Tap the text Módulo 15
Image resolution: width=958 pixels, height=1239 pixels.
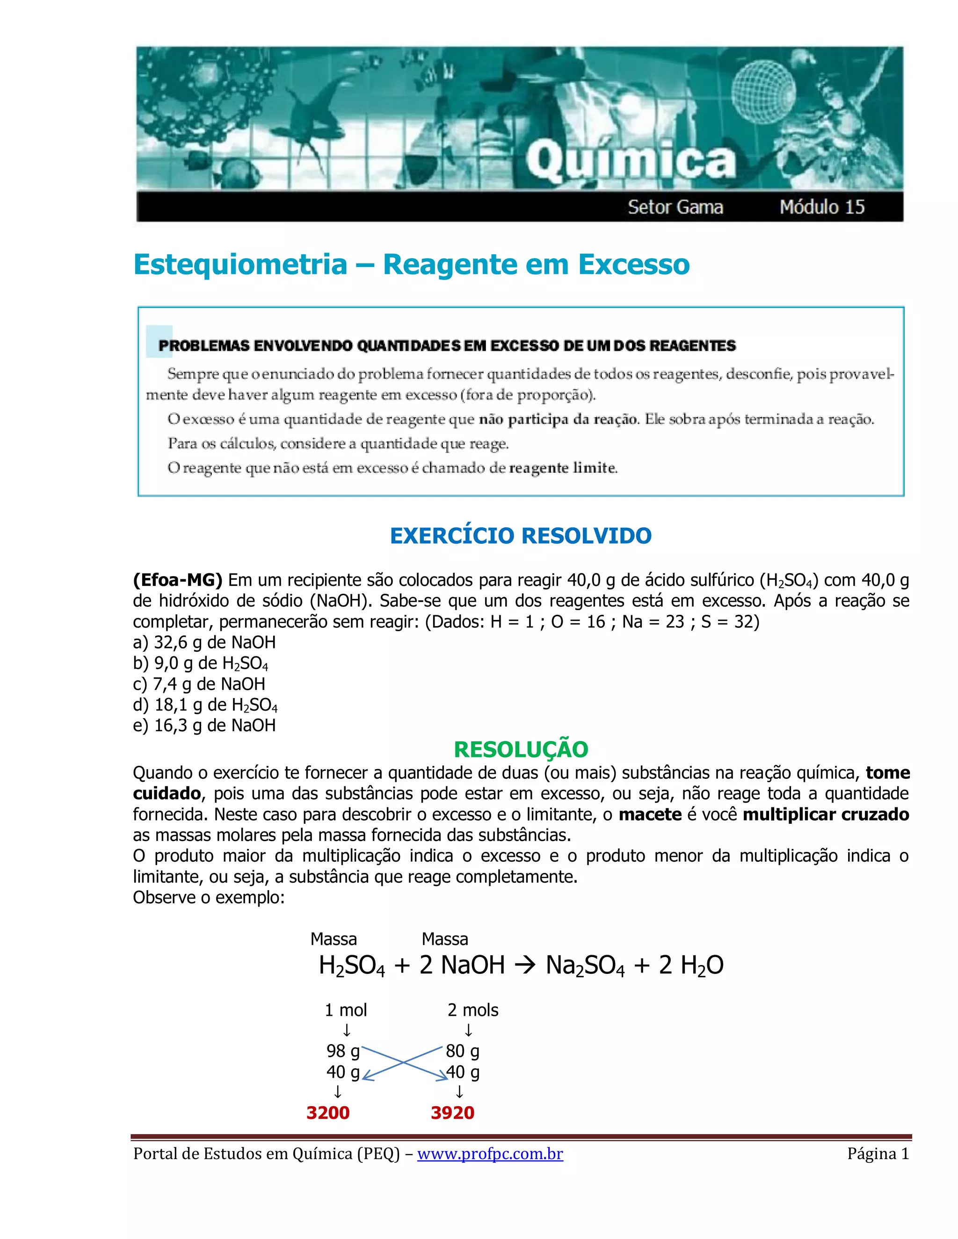(821, 207)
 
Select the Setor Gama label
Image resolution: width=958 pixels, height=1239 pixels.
(675, 207)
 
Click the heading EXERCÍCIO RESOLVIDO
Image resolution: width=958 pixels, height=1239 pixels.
(521, 535)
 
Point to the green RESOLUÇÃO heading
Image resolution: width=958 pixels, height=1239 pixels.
(521, 749)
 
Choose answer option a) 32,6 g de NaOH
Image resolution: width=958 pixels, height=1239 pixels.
(204, 643)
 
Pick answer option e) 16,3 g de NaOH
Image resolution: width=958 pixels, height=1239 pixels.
(204, 726)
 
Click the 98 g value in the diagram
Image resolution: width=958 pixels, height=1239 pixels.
(343, 1051)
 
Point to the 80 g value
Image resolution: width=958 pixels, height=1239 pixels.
(462, 1051)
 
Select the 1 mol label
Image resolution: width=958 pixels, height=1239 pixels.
(345, 1010)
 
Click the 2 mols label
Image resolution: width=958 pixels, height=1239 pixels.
(473, 1010)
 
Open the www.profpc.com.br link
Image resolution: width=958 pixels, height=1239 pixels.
(490, 1154)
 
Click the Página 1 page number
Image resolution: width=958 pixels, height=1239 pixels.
(878, 1154)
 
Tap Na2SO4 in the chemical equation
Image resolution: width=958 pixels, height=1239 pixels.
(585, 966)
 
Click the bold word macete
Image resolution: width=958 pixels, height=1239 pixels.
(650, 814)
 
